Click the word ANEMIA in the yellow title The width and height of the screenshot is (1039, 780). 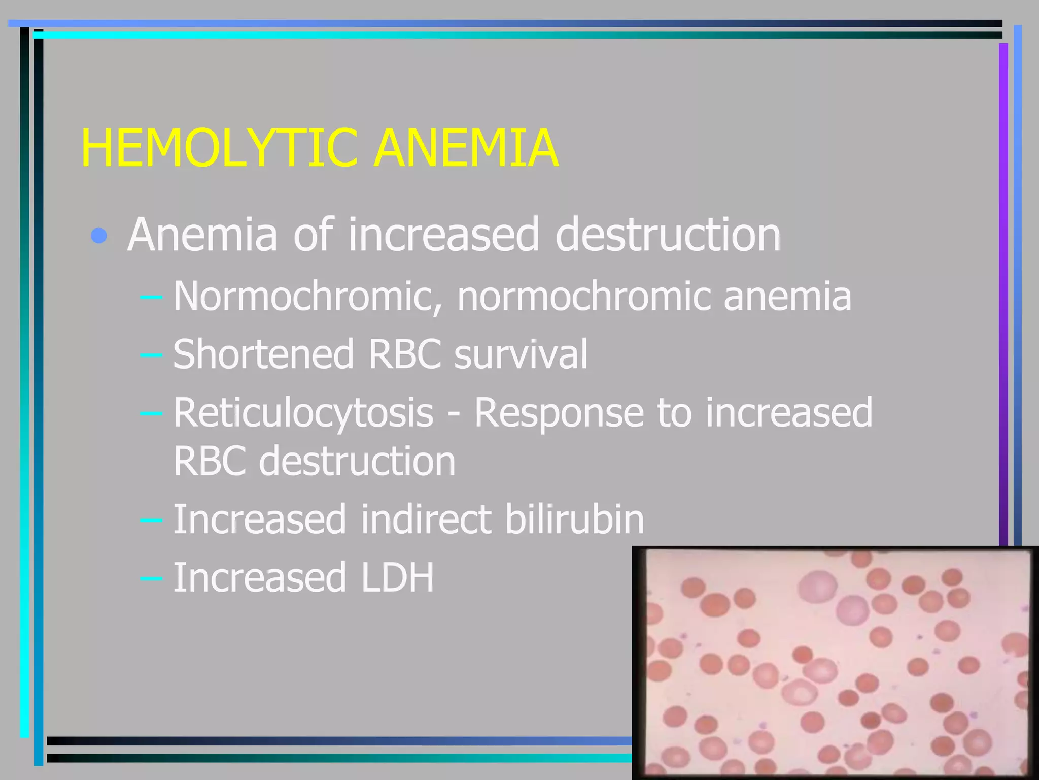(x=466, y=148)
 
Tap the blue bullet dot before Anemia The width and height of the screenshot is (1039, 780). (x=99, y=235)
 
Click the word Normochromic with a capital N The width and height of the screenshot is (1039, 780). (x=307, y=296)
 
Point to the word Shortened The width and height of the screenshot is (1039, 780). (x=263, y=354)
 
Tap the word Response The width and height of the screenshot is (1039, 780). (x=559, y=412)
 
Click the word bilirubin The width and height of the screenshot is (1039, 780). (x=574, y=519)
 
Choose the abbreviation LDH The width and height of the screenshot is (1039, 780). (x=397, y=577)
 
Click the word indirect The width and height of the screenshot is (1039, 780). (x=426, y=519)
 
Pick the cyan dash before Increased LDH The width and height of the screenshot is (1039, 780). (x=151, y=578)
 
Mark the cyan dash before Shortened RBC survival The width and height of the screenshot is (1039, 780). (x=151, y=354)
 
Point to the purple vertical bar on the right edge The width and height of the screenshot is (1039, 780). (x=1003, y=295)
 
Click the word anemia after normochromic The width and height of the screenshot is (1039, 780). (x=787, y=296)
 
